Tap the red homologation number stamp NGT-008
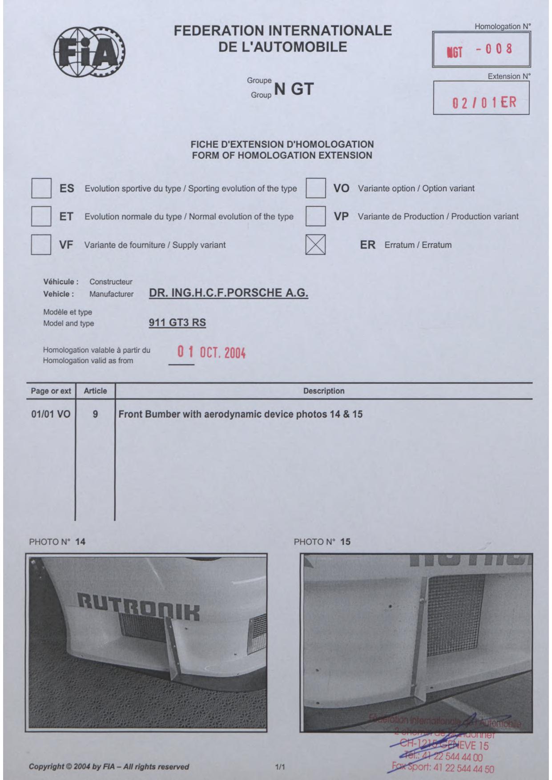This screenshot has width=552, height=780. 480,49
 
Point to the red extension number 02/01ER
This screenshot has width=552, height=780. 484,103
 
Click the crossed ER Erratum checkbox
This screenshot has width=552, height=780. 315,245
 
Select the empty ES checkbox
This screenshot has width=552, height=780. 41,188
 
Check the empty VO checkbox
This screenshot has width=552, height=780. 315,188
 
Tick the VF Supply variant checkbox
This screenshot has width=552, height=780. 41,245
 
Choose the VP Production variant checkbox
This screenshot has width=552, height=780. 315,217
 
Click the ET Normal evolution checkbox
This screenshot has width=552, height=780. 41,217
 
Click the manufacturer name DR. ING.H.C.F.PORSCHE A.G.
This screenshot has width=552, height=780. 229,293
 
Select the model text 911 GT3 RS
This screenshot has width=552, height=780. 177,322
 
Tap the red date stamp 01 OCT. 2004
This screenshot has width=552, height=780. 211,353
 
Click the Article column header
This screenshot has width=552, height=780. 95,391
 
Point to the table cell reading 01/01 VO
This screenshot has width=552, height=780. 51,414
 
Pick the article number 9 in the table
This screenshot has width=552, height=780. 95,414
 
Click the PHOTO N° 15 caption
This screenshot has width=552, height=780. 322,542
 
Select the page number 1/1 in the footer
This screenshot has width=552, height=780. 280,767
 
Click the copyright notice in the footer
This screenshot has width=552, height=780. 109,767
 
